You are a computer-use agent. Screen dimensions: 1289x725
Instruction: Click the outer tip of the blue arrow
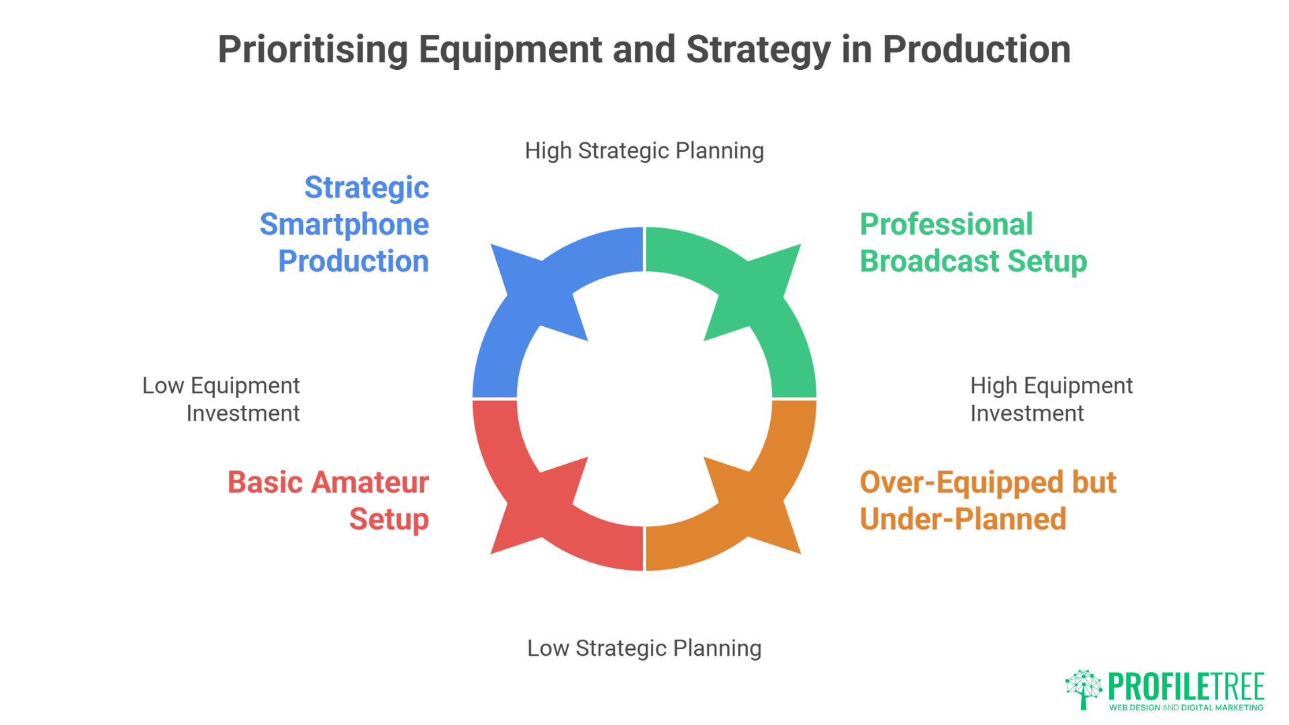491,244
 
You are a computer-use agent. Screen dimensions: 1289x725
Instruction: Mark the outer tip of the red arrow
491,554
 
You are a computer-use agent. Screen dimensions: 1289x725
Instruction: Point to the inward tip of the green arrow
704,341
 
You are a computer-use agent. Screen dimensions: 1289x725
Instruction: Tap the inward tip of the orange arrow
704,457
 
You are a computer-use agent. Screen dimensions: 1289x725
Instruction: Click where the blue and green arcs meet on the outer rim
644,227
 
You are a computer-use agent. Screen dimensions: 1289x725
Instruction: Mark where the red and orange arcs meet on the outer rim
644,571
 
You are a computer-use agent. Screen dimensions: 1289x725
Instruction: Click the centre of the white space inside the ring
644,399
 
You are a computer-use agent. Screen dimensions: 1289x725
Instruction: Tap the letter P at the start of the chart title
229,50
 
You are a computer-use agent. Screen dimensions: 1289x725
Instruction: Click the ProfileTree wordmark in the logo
1186,687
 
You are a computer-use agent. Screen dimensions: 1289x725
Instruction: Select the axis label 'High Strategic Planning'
644,151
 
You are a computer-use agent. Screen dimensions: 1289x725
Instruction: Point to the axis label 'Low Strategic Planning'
644,648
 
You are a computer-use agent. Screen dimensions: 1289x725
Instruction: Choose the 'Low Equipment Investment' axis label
221,399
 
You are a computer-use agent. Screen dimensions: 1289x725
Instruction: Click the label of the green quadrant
973,243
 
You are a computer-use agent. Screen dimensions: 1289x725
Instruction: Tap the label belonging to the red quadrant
328,501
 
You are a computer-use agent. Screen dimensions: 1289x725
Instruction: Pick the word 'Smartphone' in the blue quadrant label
344,225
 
